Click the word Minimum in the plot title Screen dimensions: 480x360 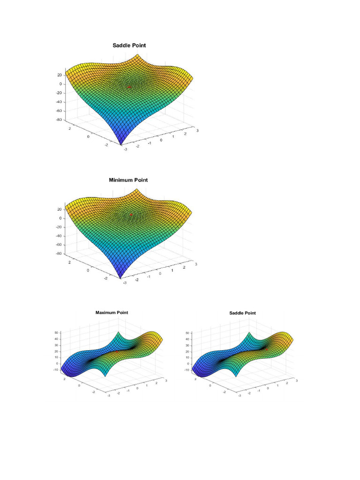pyautogui.click(x=120, y=180)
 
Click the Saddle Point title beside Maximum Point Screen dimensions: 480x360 pyautogui.click(x=242, y=313)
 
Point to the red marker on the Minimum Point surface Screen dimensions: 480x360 pyautogui.click(x=131, y=215)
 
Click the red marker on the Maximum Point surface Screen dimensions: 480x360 pyautogui.click(x=116, y=351)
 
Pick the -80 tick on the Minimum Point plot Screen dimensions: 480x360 pyautogui.click(x=60, y=254)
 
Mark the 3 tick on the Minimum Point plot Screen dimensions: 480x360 pyautogui.click(x=196, y=264)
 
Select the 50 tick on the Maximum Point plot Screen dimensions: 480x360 pyautogui.click(x=56, y=332)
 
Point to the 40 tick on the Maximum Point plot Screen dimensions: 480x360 pyautogui.click(x=56, y=338)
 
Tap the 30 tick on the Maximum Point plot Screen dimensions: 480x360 pyautogui.click(x=56, y=345)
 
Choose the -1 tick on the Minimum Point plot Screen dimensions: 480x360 pyautogui.click(x=149, y=277)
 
